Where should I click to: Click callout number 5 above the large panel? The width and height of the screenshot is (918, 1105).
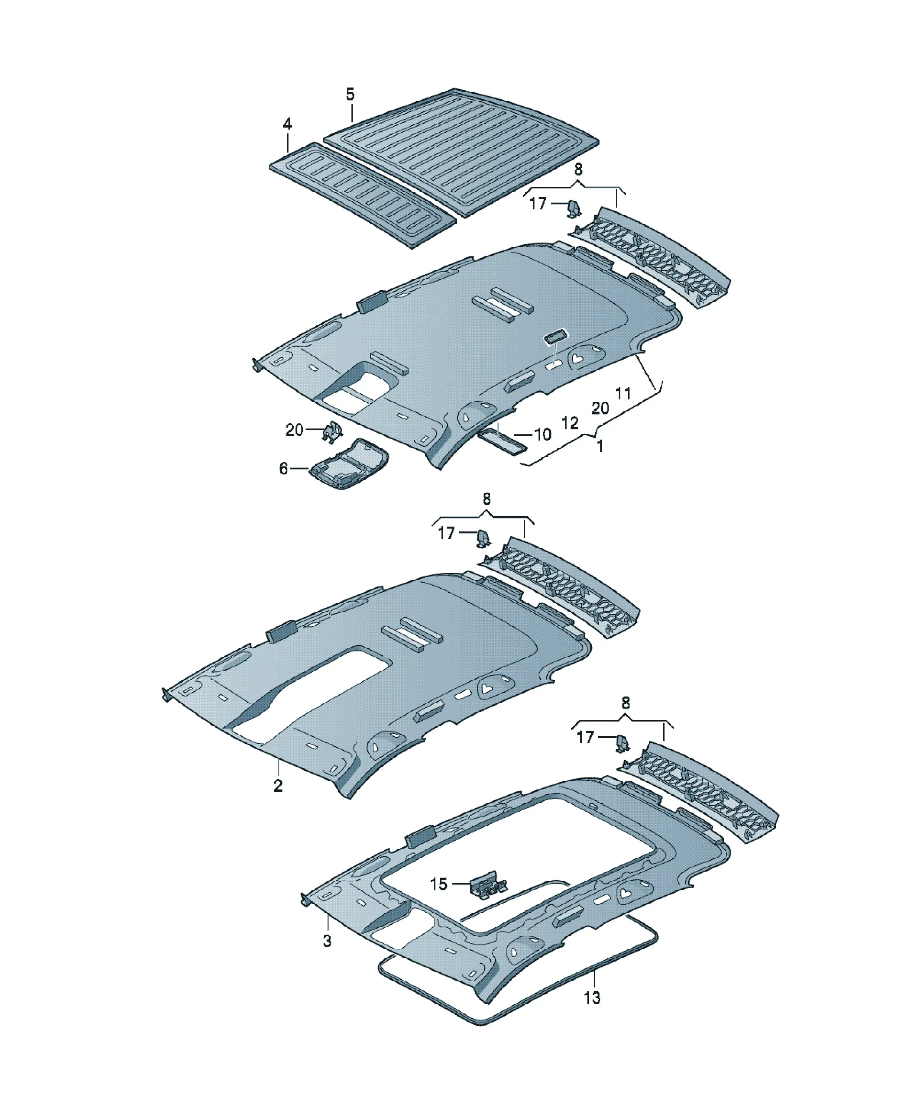click(350, 95)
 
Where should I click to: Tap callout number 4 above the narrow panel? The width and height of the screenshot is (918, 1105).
click(287, 124)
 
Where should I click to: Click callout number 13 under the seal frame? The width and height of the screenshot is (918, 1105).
click(592, 997)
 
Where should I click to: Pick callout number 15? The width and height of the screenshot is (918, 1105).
click(439, 884)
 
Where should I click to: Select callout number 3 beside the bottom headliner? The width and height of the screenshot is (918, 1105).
click(327, 941)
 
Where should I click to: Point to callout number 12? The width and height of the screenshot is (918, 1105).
click(570, 423)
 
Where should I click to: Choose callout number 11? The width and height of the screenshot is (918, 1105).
click(623, 393)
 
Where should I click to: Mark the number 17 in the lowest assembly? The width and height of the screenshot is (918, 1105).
click(585, 737)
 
